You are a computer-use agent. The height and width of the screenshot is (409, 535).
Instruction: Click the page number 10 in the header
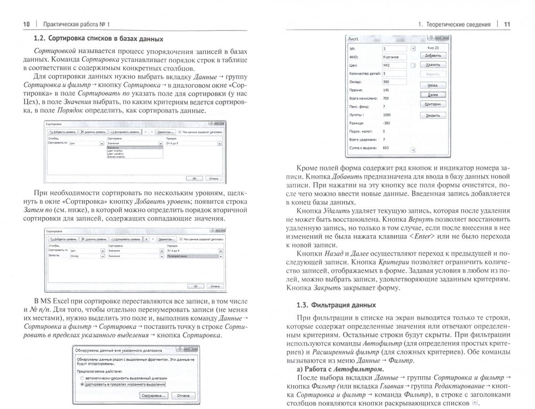26,24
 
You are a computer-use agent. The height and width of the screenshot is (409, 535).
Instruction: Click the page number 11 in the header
507,24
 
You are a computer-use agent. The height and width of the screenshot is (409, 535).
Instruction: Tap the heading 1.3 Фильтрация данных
336,305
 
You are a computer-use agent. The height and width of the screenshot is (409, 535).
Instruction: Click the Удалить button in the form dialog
433,65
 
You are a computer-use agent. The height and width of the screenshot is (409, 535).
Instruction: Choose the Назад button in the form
433,85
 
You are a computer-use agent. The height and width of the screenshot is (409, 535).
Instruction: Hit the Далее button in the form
433,95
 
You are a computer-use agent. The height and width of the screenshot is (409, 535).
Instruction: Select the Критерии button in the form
433,104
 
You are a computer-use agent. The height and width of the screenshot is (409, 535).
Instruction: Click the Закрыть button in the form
433,115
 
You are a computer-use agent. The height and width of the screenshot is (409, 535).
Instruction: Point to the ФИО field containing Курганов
394,57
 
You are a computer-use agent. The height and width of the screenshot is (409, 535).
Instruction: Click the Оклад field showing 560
394,82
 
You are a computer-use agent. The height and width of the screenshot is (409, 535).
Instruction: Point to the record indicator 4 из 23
433,48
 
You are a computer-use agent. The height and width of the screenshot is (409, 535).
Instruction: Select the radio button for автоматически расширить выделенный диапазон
82,378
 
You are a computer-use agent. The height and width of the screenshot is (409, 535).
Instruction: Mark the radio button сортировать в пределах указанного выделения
82,384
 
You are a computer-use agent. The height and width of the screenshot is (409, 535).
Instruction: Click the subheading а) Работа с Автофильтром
340,369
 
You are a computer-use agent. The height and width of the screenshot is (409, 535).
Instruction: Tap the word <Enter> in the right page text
422,236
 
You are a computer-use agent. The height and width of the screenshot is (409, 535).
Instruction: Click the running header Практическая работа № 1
76,24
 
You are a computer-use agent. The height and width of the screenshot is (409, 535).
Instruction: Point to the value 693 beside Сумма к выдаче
386,148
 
